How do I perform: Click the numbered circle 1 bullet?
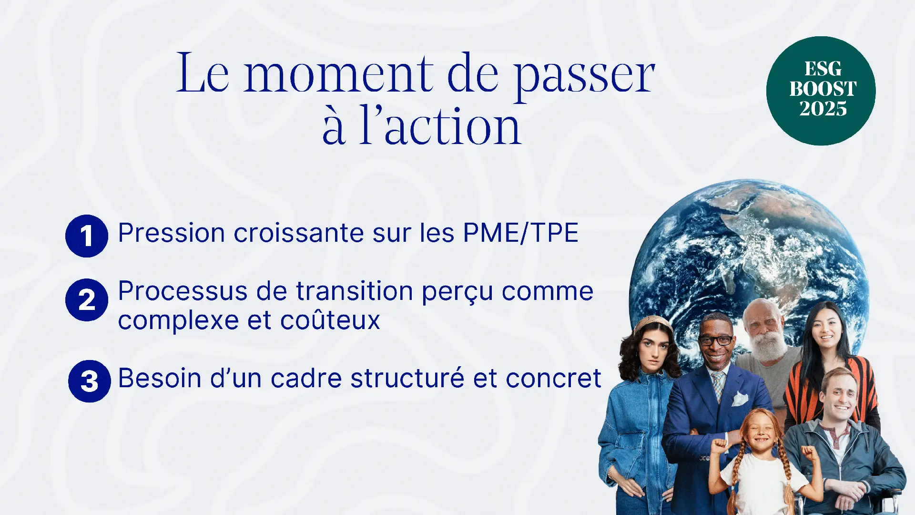click(87, 236)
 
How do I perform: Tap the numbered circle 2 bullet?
click(87, 300)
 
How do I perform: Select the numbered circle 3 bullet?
click(90, 381)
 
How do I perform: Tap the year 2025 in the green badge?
click(823, 109)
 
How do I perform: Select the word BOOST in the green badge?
click(823, 89)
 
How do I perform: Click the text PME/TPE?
click(521, 233)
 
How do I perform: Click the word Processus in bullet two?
click(183, 292)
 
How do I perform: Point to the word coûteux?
click(330, 320)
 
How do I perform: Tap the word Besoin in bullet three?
click(160, 379)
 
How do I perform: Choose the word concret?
click(553, 379)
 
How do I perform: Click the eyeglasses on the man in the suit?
click(715, 340)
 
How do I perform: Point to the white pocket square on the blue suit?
click(740, 399)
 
